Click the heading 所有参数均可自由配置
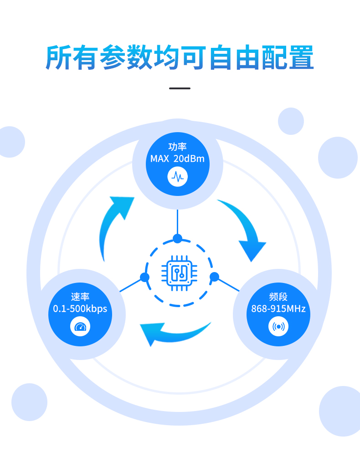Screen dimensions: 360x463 (x=180, y=57)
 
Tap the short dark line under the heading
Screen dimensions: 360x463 (x=180, y=88)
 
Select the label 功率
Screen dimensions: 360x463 (x=177, y=146)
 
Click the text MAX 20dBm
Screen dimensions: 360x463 (x=177, y=159)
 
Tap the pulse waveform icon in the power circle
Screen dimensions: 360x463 (x=177, y=176)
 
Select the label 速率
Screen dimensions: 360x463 (x=80, y=297)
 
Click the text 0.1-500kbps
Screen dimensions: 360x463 (x=80, y=309)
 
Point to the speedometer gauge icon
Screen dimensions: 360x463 (x=80, y=327)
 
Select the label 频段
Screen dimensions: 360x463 (x=278, y=297)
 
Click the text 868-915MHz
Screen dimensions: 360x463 (x=278, y=309)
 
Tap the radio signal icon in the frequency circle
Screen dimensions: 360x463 (x=278, y=327)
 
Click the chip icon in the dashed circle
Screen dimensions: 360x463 (x=179, y=273)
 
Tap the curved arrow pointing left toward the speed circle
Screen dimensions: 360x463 (x=174, y=333)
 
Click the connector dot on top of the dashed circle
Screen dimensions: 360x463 (x=177, y=238)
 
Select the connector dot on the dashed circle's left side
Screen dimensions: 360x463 (x=144, y=277)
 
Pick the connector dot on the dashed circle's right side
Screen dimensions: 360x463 (x=215, y=277)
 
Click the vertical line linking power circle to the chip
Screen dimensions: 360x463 (x=177, y=221)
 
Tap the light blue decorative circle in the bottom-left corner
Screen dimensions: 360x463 (x=29, y=402)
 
